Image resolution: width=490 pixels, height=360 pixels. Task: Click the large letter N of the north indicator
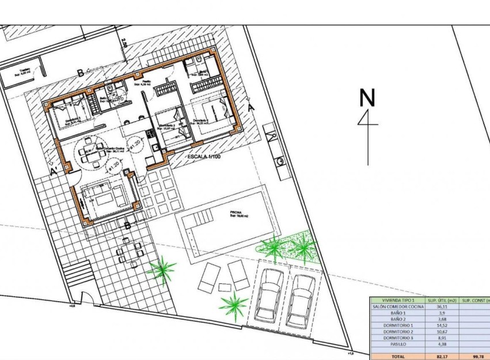point(367,97)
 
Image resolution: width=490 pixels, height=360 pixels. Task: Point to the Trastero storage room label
point(24,71)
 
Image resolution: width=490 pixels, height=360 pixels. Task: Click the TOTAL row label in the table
point(397,357)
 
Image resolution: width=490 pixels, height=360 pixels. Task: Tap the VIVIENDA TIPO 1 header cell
point(397,300)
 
